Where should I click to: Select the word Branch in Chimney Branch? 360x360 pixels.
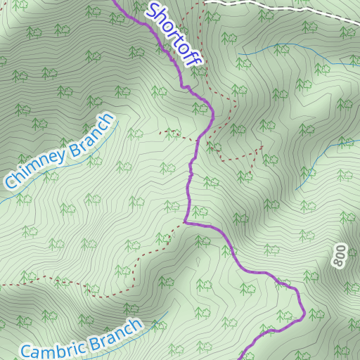[91, 133]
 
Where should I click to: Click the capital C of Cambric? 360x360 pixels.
[27, 352]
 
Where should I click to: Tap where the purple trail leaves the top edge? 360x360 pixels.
[114, 1]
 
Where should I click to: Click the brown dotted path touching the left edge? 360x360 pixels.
[3, 285]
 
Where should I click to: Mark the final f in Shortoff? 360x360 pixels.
[194, 59]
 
